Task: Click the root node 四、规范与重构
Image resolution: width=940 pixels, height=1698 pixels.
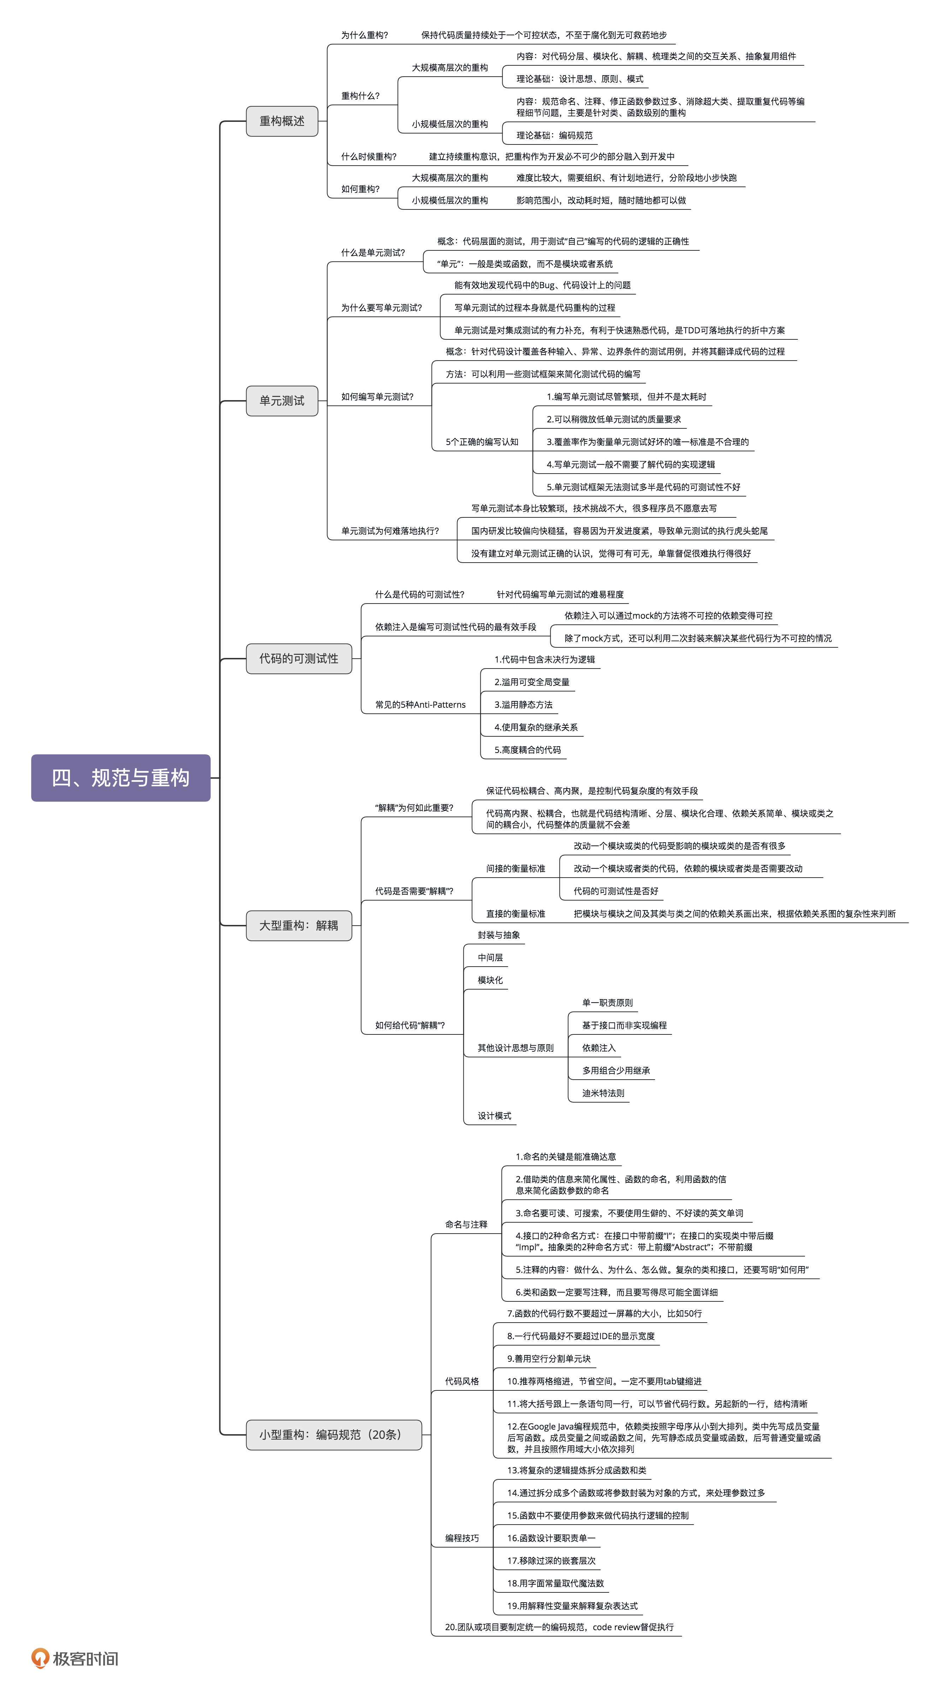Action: pyautogui.click(x=120, y=778)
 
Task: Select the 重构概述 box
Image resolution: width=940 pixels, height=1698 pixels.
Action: pyautogui.click(x=282, y=121)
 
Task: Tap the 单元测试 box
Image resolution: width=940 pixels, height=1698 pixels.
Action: pyautogui.click(x=282, y=401)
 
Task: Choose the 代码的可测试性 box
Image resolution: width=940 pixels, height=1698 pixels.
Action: pyautogui.click(x=298, y=659)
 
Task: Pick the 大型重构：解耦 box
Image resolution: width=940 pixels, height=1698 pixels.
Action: pyautogui.click(x=298, y=926)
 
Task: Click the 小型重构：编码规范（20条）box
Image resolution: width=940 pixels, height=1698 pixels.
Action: pyautogui.click(x=333, y=1435)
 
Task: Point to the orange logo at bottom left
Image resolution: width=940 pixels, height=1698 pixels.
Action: pyautogui.click(x=41, y=1658)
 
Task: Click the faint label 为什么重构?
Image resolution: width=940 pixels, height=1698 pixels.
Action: pyautogui.click(x=365, y=35)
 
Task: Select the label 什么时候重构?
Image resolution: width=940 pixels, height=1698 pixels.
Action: pyautogui.click(x=368, y=157)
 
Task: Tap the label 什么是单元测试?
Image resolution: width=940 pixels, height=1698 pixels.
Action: pyautogui.click(x=373, y=253)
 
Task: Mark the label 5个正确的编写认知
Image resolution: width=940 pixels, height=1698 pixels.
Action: pyautogui.click(x=482, y=442)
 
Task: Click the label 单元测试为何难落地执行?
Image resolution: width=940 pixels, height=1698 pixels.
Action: pyautogui.click(x=390, y=530)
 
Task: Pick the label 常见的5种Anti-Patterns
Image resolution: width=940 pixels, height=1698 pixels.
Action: pyautogui.click(x=420, y=705)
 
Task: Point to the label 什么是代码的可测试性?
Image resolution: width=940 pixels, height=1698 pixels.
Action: pyautogui.click(x=419, y=595)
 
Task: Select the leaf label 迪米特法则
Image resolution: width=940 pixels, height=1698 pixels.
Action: pyautogui.click(x=603, y=1093)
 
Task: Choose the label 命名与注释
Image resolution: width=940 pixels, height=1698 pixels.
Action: pyautogui.click(x=466, y=1225)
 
